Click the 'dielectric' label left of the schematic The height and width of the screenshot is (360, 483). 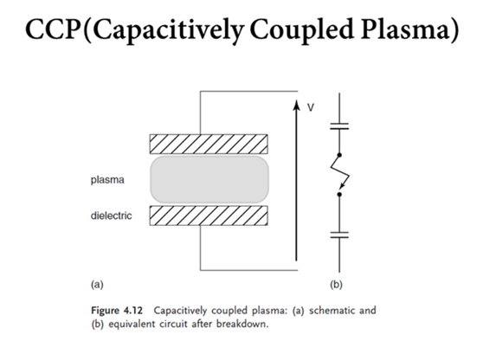(111, 215)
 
